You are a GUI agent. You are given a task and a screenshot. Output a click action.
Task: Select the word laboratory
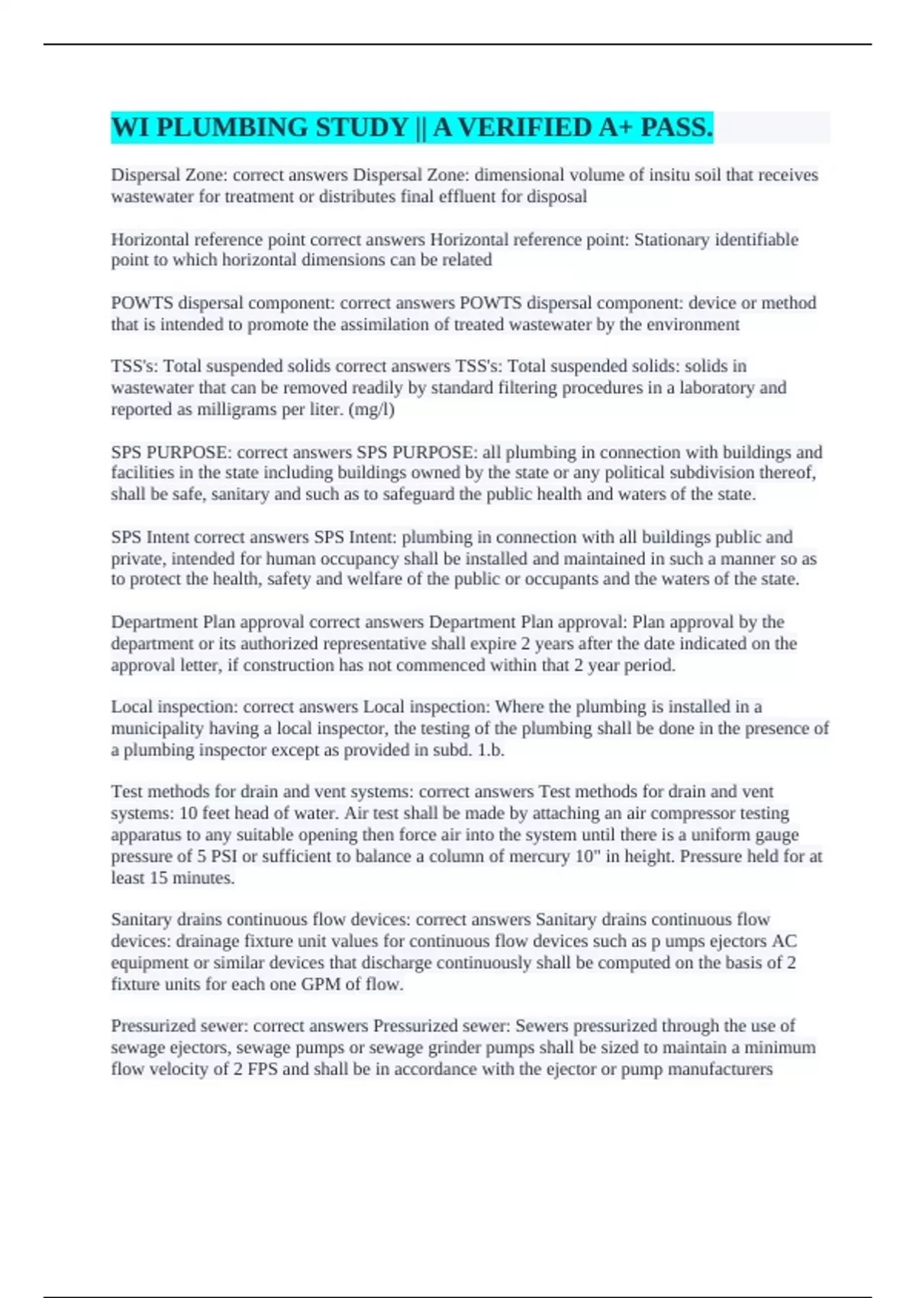pyautogui.click(x=715, y=388)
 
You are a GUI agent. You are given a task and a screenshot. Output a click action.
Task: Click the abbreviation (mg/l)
pyautogui.click(x=371, y=409)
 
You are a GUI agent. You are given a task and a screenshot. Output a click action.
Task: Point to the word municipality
pyautogui.click(x=158, y=728)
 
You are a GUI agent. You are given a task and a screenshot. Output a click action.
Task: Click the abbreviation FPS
pyautogui.click(x=255, y=1069)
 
